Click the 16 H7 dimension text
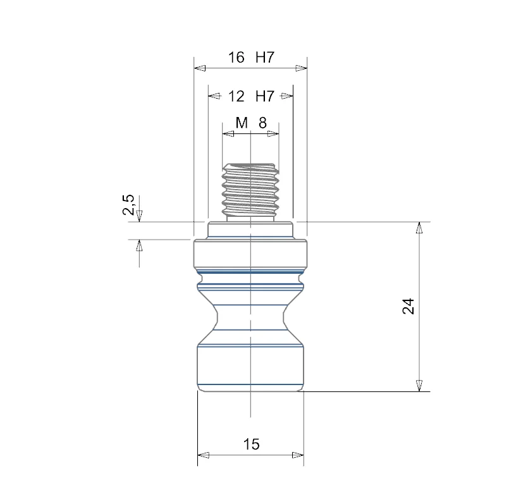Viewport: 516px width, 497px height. point(251,58)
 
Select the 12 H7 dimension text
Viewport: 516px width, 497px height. point(251,96)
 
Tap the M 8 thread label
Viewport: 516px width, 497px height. point(251,123)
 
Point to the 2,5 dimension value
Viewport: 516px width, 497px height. point(128,205)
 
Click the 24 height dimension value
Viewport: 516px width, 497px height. point(408,307)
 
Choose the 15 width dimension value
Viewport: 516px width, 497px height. point(252,444)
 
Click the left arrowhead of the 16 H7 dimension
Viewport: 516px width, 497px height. point(200,68)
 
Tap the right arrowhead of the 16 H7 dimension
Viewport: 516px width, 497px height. point(301,68)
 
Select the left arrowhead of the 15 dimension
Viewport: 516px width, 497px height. point(204,455)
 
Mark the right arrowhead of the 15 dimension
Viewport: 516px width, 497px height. point(298,455)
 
